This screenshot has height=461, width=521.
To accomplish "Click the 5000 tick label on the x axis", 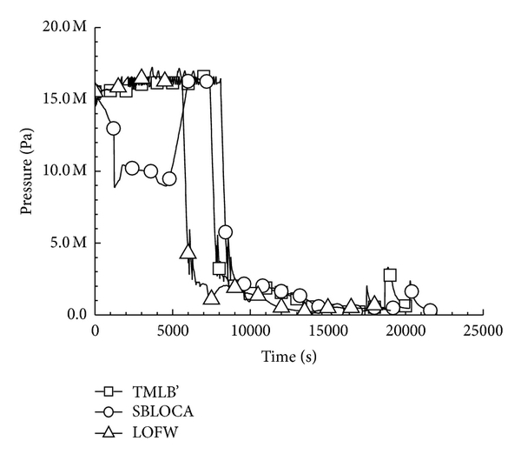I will click(x=173, y=331).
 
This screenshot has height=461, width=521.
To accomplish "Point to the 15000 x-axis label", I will click(x=327, y=331).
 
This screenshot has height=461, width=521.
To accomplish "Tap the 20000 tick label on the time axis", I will click(x=405, y=331).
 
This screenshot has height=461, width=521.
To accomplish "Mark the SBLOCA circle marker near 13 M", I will click(x=113, y=128).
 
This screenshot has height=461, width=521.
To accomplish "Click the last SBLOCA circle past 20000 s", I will click(x=429, y=310).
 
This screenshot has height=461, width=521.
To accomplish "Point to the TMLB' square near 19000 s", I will click(x=390, y=275).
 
